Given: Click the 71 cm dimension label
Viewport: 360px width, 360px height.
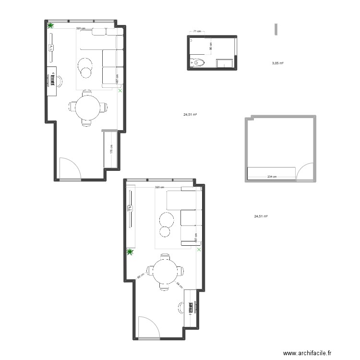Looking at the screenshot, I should point(197,32).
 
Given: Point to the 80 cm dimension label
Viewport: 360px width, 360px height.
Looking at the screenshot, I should point(211,47).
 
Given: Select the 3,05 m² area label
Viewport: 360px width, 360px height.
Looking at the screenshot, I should point(277,63).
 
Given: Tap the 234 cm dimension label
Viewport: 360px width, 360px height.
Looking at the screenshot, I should point(272,177).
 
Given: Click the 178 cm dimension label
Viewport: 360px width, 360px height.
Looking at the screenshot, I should point(111,149).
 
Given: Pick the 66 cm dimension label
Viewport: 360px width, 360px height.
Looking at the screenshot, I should point(140,276).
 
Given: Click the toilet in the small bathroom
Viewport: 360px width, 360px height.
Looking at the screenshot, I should point(198,62).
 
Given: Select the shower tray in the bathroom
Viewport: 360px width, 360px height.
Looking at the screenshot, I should point(225,63).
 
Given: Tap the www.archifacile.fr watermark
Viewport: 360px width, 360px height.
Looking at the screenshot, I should point(307,353).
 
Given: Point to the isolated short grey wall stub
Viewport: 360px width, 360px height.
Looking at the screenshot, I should point(276,29).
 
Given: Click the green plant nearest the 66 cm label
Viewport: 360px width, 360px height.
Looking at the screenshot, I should point(130,252).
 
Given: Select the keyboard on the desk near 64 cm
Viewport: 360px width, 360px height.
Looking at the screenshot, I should point(195,307).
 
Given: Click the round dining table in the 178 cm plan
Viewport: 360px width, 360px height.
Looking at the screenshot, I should point(88,108).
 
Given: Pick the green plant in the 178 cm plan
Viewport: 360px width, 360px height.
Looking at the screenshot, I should point(50,26).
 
